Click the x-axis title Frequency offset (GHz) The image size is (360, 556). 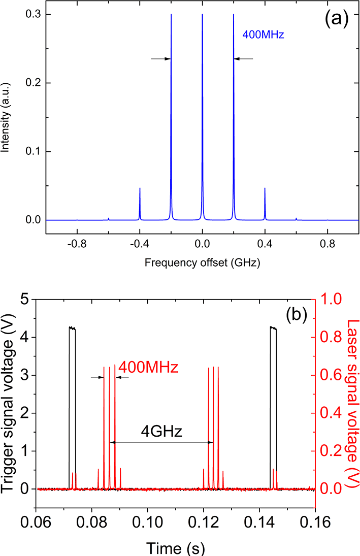pos(203,263)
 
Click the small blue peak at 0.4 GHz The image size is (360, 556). pos(265,203)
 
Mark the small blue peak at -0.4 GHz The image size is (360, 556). pos(140,203)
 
